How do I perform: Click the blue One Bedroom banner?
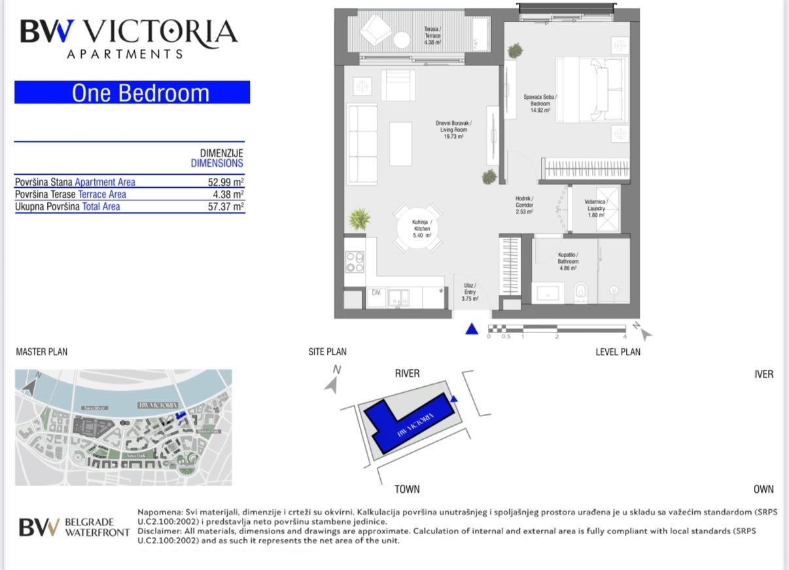click(x=132, y=92)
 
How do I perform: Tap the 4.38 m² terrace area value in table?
click(x=228, y=194)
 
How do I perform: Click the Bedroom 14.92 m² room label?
click(x=540, y=104)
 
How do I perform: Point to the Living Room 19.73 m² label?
click(x=453, y=130)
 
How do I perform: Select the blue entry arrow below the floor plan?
click(x=472, y=329)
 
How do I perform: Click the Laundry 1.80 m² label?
click(x=595, y=208)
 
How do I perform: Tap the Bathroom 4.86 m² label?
click(x=567, y=261)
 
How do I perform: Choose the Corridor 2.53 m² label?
click(x=524, y=205)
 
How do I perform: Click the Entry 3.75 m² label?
click(x=470, y=292)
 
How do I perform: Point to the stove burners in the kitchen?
click(x=355, y=262)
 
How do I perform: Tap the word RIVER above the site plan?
click(x=407, y=374)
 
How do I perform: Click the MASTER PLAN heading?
click(x=41, y=352)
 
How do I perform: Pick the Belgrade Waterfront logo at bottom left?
click(x=74, y=527)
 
